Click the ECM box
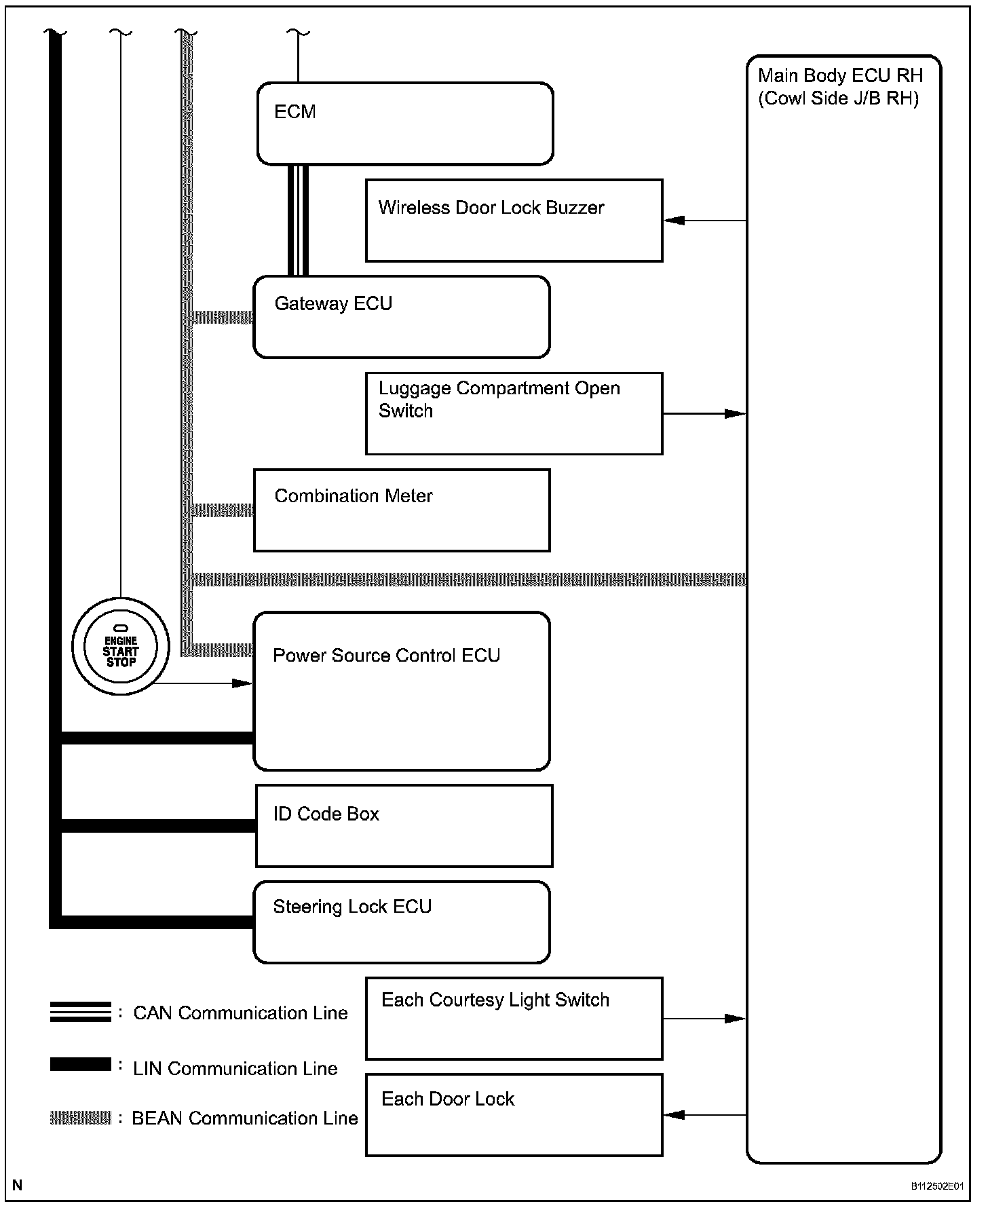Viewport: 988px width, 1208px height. coord(405,124)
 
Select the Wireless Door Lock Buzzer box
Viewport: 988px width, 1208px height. coord(514,221)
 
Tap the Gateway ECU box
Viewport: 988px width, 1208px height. coord(401,317)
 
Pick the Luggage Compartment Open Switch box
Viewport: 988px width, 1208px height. coord(514,413)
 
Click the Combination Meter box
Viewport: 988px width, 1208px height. coord(401,510)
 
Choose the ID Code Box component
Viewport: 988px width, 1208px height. coord(404,826)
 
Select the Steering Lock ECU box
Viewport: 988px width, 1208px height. coord(401,922)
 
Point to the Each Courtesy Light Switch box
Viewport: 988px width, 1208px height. coord(514,1019)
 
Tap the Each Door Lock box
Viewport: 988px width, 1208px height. coord(514,1115)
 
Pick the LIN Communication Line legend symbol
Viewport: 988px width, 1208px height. coord(80,1065)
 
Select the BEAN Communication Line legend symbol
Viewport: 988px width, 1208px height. coord(80,1118)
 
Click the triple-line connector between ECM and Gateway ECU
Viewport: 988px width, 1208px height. coord(298,220)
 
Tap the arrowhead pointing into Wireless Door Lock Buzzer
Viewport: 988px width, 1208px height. coord(674,221)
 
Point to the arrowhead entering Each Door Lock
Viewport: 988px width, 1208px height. coord(674,1115)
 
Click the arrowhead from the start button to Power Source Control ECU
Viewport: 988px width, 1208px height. coord(242,683)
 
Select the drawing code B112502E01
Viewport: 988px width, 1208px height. coord(937,1186)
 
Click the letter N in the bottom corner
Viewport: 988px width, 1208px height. coord(18,1186)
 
